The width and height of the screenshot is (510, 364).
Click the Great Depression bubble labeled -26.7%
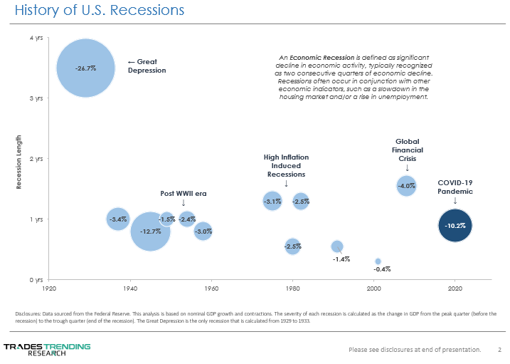(x=85, y=68)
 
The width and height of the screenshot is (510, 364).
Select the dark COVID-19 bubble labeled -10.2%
(x=455, y=226)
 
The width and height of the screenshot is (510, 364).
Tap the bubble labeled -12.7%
(x=150, y=232)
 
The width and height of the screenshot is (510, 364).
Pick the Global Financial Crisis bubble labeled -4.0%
(x=406, y=186)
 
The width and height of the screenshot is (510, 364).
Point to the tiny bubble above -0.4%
(x=378, y=261)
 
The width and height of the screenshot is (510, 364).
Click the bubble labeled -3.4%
(x=118, y=219)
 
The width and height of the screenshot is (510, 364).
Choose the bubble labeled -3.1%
(x=272, y=202)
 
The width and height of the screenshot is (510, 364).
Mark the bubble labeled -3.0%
(x=203, y=232)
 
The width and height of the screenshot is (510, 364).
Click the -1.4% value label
(x=341, y=259)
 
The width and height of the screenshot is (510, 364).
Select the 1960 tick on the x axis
(x=211, y=288)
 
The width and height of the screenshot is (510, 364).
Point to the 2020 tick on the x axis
(x=455, y=288)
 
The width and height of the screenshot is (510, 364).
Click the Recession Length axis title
(x=19, y=162)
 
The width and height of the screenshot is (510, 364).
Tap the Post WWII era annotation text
(x=184, y=193)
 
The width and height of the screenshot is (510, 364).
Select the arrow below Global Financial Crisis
(x=407, y=168)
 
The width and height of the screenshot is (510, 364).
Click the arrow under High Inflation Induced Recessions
(x=286, y=184)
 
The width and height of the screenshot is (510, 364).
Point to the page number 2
(x=499, y=349)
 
